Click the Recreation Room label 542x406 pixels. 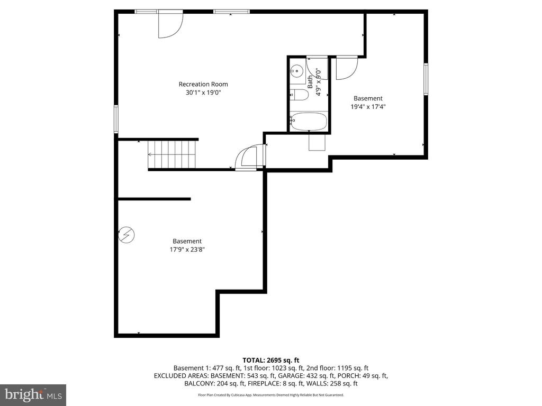pos(203,84)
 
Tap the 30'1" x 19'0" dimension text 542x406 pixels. pos(203,93)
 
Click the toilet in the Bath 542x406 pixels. pos(300,95)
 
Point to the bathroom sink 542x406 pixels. pos(297,69)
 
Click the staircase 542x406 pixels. pos(172,154)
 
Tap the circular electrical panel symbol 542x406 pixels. pos(127,234)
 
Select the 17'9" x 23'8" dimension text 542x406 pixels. pos(183,250)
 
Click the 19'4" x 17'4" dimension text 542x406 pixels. pos(368,106)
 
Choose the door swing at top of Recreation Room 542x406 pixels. pos(170,24)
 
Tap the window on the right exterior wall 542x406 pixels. pos(426,79)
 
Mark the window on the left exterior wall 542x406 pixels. pos(116,118)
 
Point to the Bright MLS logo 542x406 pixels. pos(33,394)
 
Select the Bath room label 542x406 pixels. pos(310,80)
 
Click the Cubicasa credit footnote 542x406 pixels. pos(271,395)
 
